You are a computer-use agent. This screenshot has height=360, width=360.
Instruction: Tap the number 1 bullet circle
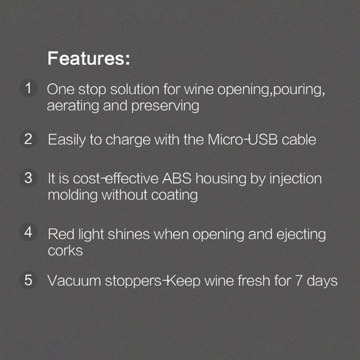point(28,88)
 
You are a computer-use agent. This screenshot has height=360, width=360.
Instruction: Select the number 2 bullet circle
point(28,139)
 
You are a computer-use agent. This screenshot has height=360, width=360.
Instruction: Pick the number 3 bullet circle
point(28,178)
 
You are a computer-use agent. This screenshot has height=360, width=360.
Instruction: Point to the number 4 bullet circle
point(28,232)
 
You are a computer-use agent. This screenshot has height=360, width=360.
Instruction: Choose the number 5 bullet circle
point(28,280)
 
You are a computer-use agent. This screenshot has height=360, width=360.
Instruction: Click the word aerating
point(73,106)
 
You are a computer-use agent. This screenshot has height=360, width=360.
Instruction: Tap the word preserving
point(165,106)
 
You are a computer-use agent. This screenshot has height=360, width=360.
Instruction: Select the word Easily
point(67,140)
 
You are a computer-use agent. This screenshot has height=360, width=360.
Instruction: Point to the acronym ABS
point(176,178)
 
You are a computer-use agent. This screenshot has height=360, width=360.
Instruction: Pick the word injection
point(296,179)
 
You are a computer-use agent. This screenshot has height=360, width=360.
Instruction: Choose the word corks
point(65,250)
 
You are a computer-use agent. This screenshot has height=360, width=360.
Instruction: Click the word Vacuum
point(74,280)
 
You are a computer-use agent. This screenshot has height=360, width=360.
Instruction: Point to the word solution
point(135,89)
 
